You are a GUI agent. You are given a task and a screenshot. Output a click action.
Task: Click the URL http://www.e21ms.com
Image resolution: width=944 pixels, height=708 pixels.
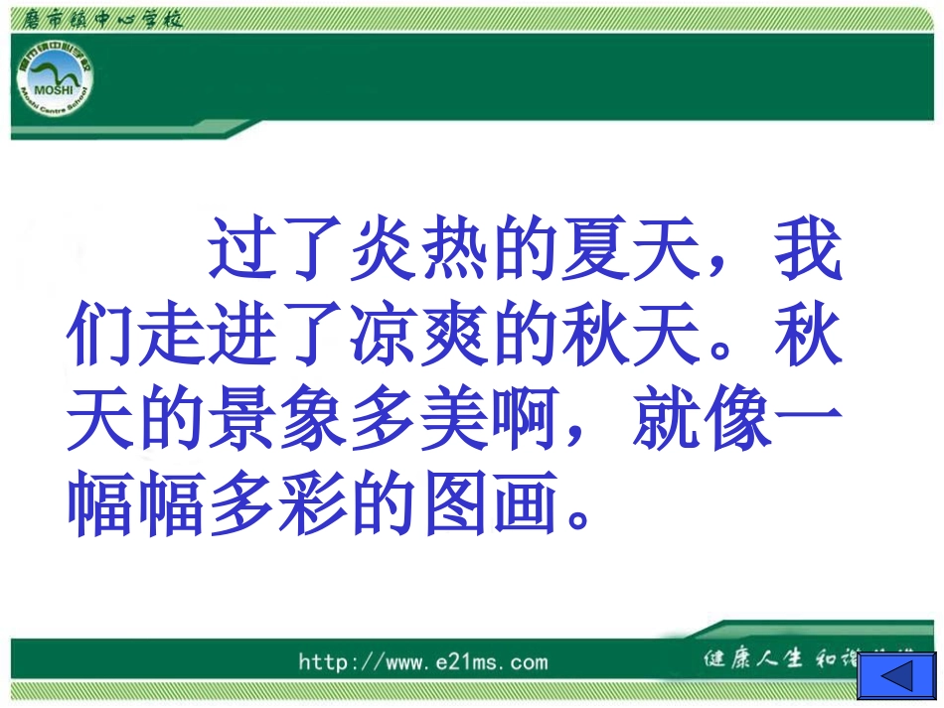pyautogui.click(x=422, y=662)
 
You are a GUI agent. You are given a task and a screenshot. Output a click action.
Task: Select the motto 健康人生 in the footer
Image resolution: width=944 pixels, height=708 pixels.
pyautogui.click(x=752, y=659)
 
